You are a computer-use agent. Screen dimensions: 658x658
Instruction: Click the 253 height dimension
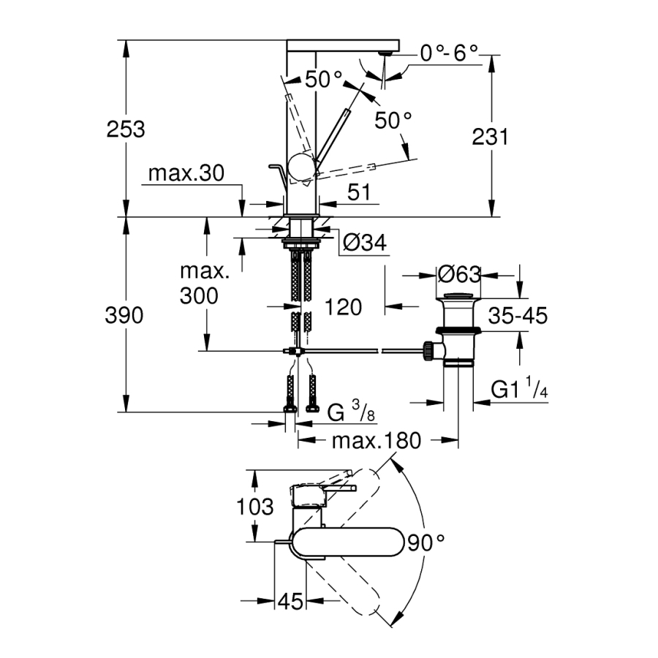[126, 129]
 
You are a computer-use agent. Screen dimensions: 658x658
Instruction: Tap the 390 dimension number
[126, 315]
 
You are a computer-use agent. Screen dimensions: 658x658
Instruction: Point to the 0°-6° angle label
[448, 53]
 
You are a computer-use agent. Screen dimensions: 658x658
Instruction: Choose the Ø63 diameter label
[459, 275]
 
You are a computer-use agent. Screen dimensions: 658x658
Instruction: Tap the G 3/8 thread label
[352, 413]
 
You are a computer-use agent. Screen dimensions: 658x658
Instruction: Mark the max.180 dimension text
[377, 441]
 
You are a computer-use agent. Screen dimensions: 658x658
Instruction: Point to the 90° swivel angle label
[427, 542]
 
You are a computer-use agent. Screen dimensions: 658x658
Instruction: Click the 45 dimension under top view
[291, 602]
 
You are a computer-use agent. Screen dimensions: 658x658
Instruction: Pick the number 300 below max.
[199, 296]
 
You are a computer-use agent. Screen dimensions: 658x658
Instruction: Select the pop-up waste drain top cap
[459, 296]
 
